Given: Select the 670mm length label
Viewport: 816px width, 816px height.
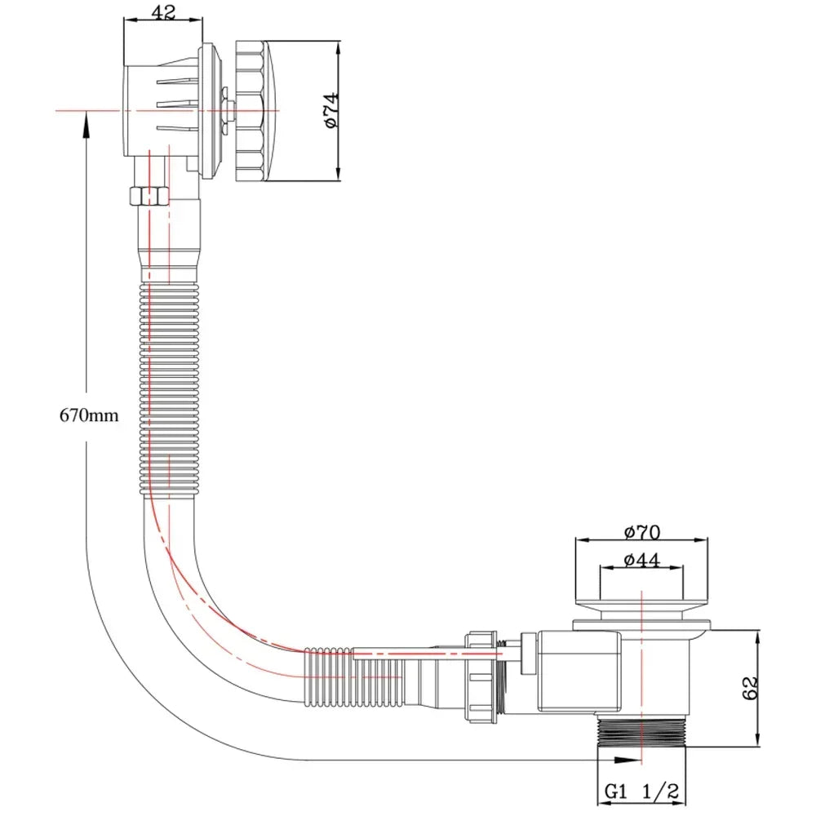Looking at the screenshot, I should [x=89, y=415].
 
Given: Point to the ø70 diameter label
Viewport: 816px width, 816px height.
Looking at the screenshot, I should [x=641, y=533].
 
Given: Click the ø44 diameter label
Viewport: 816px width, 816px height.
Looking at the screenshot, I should [x=641, y=561].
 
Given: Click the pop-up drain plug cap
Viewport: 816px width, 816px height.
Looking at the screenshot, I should [x=641, y=608].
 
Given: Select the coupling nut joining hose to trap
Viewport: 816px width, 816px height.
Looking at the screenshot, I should [x=483, y=676].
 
